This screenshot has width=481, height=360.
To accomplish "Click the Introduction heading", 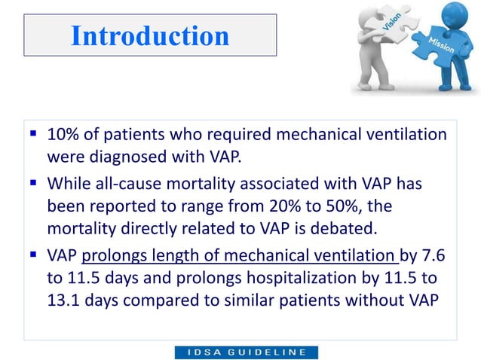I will tap(149, 35).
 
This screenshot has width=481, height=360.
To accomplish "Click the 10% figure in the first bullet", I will tap(62, 136).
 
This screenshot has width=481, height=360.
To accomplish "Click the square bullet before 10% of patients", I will tap(35, 136).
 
